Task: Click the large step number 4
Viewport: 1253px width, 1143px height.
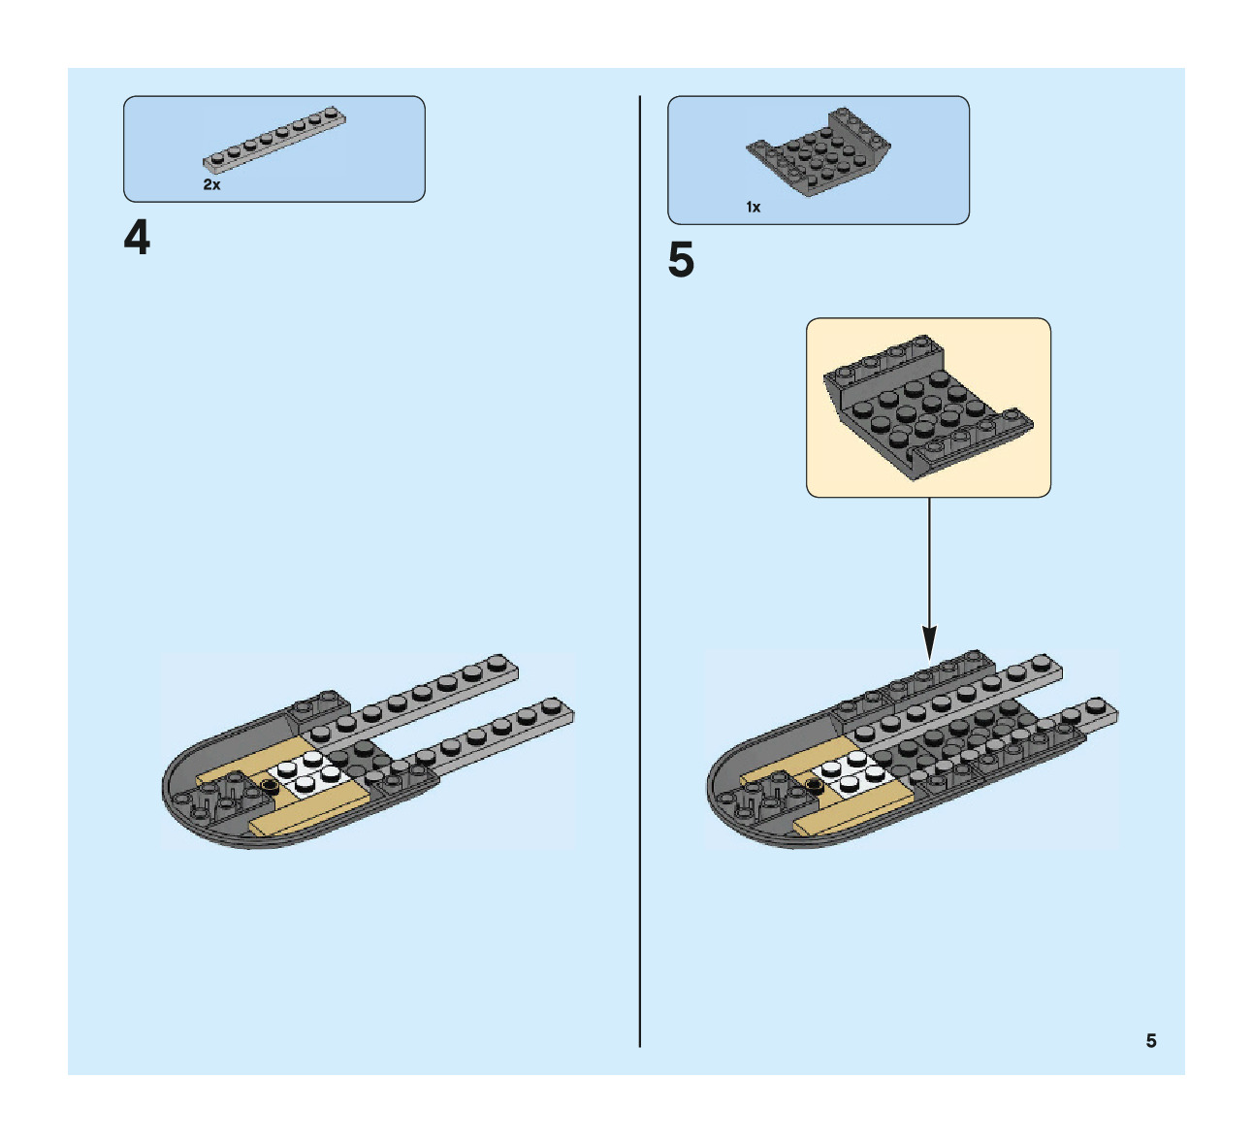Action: coord(137,238)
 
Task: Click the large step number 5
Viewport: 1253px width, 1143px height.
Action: coord(681,261)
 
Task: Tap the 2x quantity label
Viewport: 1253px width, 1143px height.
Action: coord(211,184)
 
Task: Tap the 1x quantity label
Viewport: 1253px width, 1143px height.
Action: coord(754,208)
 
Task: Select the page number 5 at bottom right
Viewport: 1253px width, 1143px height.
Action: coord(1151,1041)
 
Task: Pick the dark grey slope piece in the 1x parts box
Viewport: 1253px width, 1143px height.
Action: coord(819,153)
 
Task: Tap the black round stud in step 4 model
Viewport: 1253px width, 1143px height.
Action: coord(269,787)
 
